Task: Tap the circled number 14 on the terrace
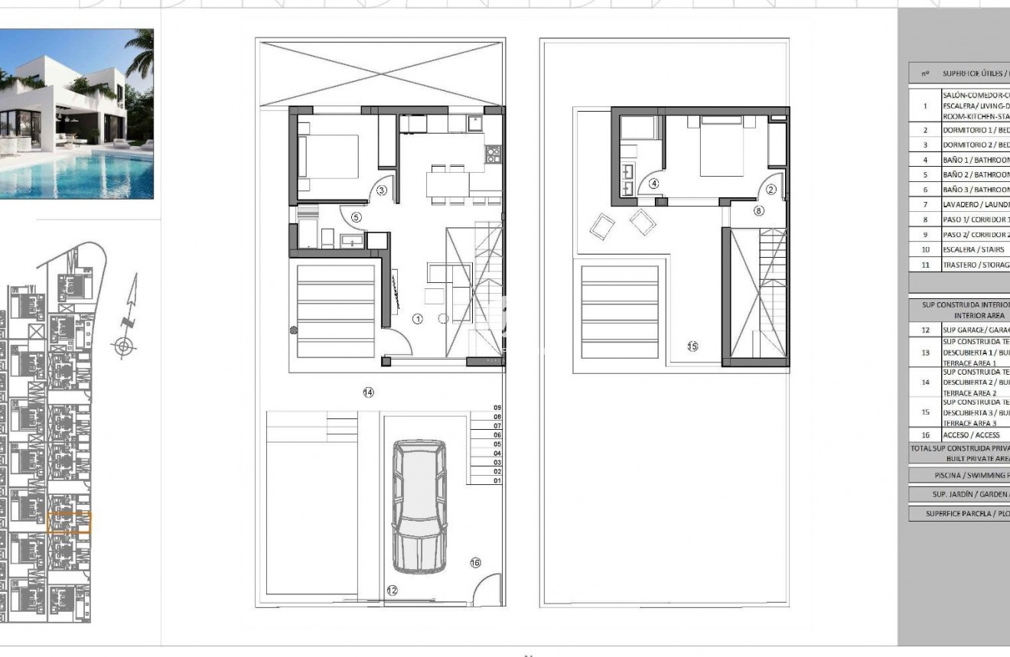point(368,392)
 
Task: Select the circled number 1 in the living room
point(417,320)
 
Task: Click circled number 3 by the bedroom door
point(382,190)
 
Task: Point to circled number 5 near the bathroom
point(357,217)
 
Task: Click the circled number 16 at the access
point(475,563)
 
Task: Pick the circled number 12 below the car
point(393,590)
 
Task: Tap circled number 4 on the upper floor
point(653,184)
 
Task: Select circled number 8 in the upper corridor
point(758,210)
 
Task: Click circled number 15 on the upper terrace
point(692,346)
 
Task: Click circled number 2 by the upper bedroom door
point(771,190)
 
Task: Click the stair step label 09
point(497,408)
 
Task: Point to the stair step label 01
point(497,481)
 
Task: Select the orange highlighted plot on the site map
point(69,522)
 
